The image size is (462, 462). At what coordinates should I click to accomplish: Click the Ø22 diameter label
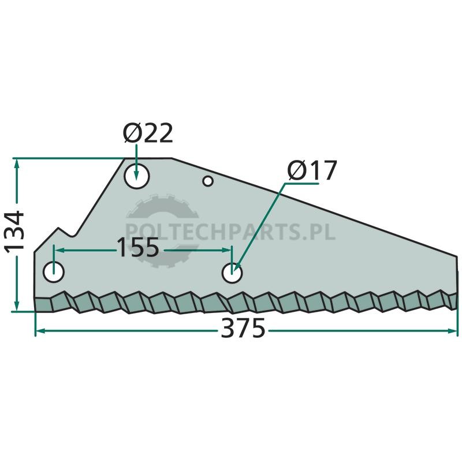coord(148,133)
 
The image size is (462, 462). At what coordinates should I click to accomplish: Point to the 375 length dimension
coord(243,329)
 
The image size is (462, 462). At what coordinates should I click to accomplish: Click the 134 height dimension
coord(14,231)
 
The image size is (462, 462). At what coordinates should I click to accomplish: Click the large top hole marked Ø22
coord(137,176)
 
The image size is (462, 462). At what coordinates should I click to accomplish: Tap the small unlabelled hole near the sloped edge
coord(208,181)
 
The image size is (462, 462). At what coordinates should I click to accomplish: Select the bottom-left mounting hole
coord(53,272)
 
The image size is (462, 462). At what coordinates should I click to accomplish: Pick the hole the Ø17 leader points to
coord(232,273)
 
